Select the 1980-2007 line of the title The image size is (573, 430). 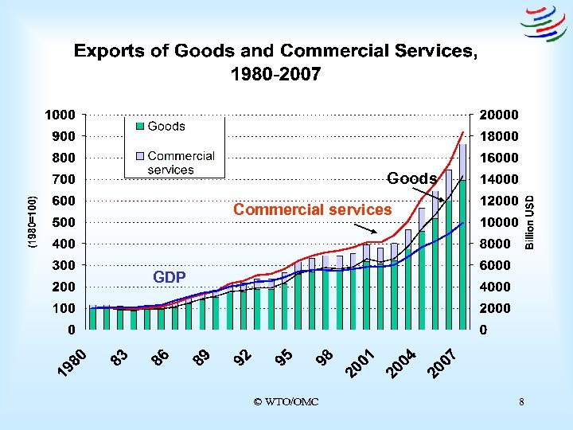[275, 75]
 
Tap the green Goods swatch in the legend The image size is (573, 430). [138, 127]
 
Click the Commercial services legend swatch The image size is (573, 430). [138, 157]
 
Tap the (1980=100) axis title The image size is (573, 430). [33, 222]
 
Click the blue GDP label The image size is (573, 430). [170, 277]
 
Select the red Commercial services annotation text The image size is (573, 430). [312, 210]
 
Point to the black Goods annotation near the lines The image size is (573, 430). [411, 178]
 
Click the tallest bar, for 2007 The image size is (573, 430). [462, 239]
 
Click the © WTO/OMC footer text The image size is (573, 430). [286, 401]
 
